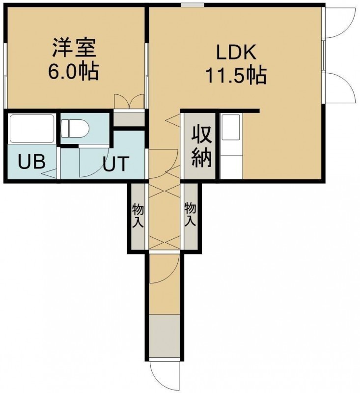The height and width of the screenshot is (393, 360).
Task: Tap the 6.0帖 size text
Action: click(x=73, y=71)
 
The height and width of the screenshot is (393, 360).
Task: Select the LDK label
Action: click(x=236, y=52)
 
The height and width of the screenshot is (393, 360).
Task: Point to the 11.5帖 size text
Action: click(x=236, y=75)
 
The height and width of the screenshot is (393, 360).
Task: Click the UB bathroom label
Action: click(x=32, y=162)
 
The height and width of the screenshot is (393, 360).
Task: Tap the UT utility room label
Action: click(x=116, y=164)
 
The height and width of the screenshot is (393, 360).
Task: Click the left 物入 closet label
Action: click(x=138, y=216)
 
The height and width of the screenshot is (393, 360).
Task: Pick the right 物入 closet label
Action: click(x=190, y=215)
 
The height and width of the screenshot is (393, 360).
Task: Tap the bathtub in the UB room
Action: click(x=32, y=129)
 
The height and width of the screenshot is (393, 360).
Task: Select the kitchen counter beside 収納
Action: click(x=231, y=146)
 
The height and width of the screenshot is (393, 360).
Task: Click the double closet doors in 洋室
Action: click(x=129, y=101)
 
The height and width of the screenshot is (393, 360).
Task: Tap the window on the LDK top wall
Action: click(x=193, y=4)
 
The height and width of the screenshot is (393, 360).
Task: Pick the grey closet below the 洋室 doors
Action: click(x=129, y=119)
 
